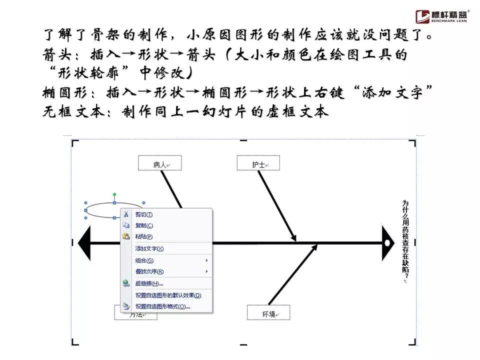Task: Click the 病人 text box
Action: coord(159,163)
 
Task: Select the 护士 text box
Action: coord(258,163)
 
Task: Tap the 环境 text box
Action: coord(268,313)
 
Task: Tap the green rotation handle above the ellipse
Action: coord(114,194)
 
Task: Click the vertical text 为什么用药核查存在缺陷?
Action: coord(405,240)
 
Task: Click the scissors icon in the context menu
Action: coord(126,214)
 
